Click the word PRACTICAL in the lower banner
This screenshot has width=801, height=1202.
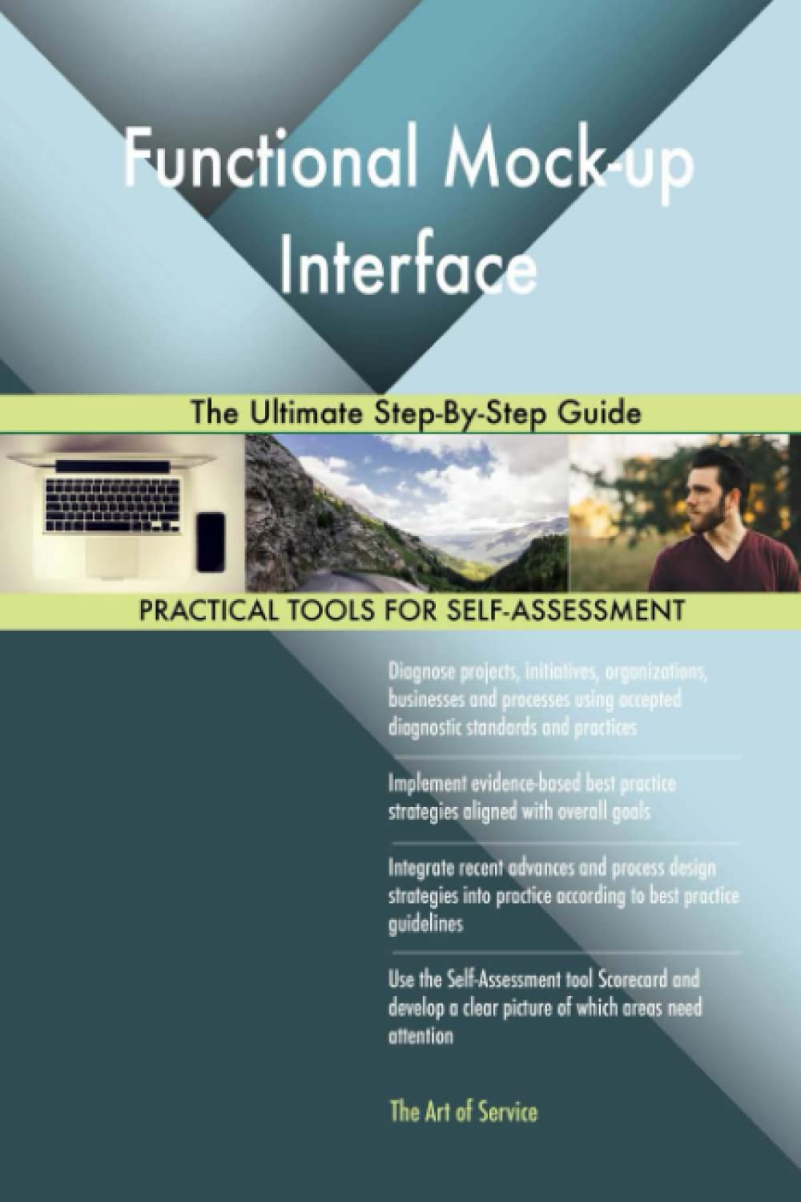(x=205, y=610)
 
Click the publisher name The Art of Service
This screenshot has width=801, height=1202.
(x=462, y=1112)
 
